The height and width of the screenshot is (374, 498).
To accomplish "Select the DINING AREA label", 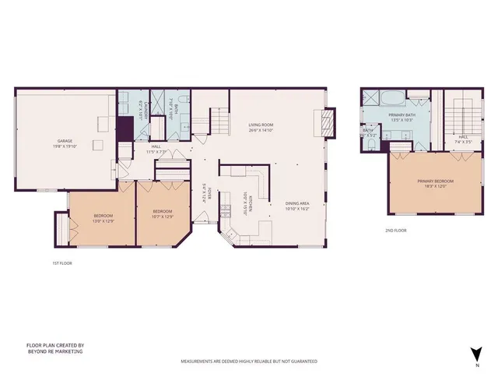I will click(275, 205).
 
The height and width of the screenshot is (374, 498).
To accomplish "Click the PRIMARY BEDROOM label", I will click(435, 181).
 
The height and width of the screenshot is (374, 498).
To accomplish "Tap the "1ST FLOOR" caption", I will click(51, 263).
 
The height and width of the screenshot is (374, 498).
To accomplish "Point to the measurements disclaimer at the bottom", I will click(249, 362).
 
